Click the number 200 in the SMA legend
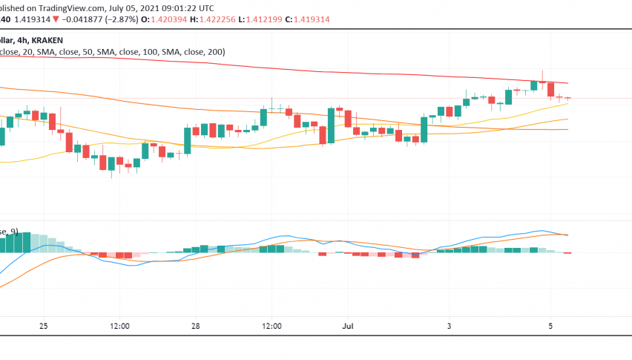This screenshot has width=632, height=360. click(x=215, y=52)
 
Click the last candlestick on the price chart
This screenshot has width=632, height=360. click(x=568, y=98)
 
